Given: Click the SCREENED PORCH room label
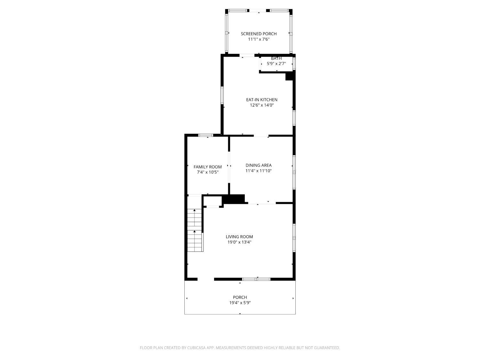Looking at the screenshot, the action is click(259, 34).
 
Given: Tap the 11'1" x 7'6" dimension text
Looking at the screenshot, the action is click(259, 39).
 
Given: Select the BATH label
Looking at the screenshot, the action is click(276, 58).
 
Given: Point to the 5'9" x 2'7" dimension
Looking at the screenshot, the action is click(276, 64).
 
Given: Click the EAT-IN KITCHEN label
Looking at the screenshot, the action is click(262, 100).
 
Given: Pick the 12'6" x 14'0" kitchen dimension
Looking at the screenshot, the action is click(262, 105).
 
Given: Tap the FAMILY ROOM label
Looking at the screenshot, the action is click(208, 167).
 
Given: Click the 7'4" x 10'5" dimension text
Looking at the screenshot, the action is click(208, 172).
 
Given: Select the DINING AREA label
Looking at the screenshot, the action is click(259, 165).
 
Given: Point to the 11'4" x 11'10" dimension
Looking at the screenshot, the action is click(259, 171).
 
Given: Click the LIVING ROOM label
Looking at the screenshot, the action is click(239, 237).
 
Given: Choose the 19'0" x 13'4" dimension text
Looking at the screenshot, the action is click(239, 242).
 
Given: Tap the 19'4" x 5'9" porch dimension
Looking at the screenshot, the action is click(240, 303).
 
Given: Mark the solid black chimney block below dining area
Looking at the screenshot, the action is click(234, 199).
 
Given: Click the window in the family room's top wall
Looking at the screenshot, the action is click(205, 135).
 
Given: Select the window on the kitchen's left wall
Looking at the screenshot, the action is click(222, 95).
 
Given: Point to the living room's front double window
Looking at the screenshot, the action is click(256, 279).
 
